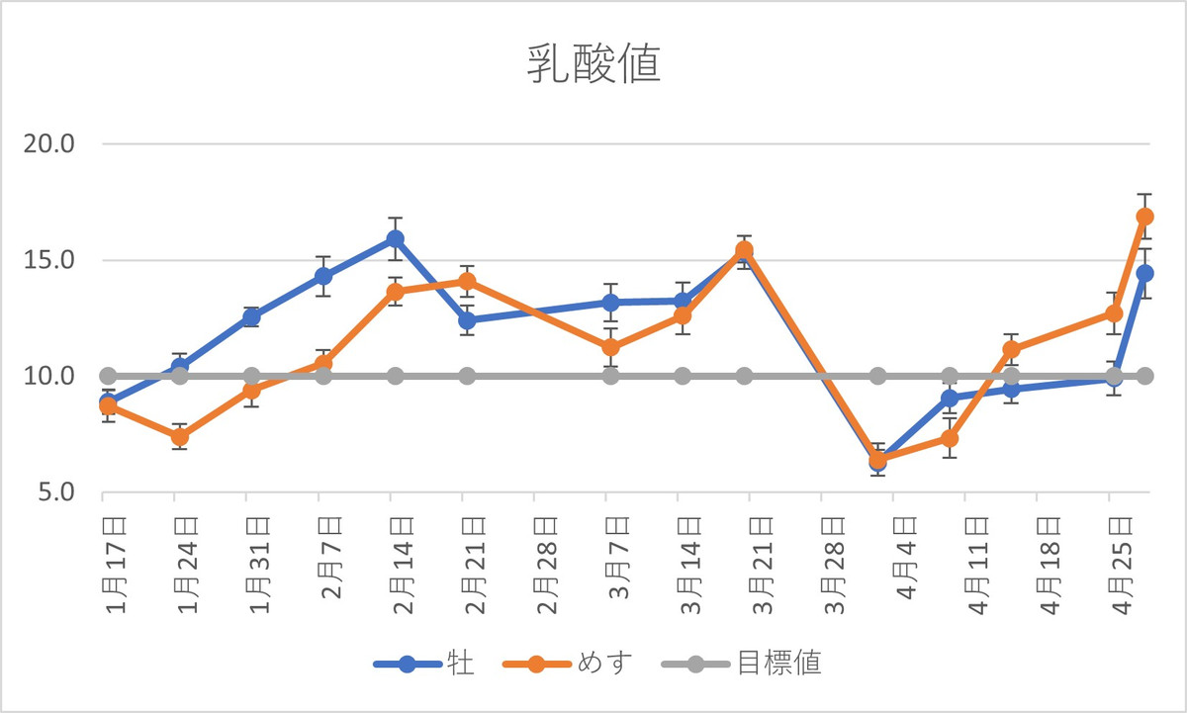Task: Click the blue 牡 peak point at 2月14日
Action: pos(396,238)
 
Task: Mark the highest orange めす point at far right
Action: pos(1144,217)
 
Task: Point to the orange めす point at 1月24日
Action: pos(180,437)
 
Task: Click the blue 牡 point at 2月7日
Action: pos(323,276)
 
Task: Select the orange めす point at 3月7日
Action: pos(611,347)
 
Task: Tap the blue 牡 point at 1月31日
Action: pos(251,317)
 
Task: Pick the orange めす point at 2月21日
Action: pos(467,282)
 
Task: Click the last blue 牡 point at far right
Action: pos(1144,273)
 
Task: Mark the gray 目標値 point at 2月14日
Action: pos(396,376)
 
